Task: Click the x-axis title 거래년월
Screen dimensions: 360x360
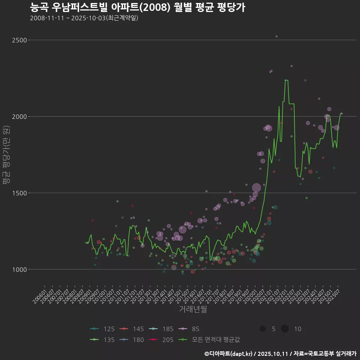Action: [193, 309]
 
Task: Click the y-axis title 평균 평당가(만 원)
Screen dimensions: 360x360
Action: [6, 154]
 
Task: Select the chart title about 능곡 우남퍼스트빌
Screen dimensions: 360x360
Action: [137, 7]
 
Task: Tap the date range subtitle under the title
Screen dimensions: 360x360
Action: [84, 18]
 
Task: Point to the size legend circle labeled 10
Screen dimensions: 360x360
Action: [285, 329]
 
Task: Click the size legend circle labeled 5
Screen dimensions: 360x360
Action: [262, 329]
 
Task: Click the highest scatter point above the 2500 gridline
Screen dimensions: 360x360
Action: [276, 36]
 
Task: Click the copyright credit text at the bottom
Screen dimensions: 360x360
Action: [280, 354]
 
